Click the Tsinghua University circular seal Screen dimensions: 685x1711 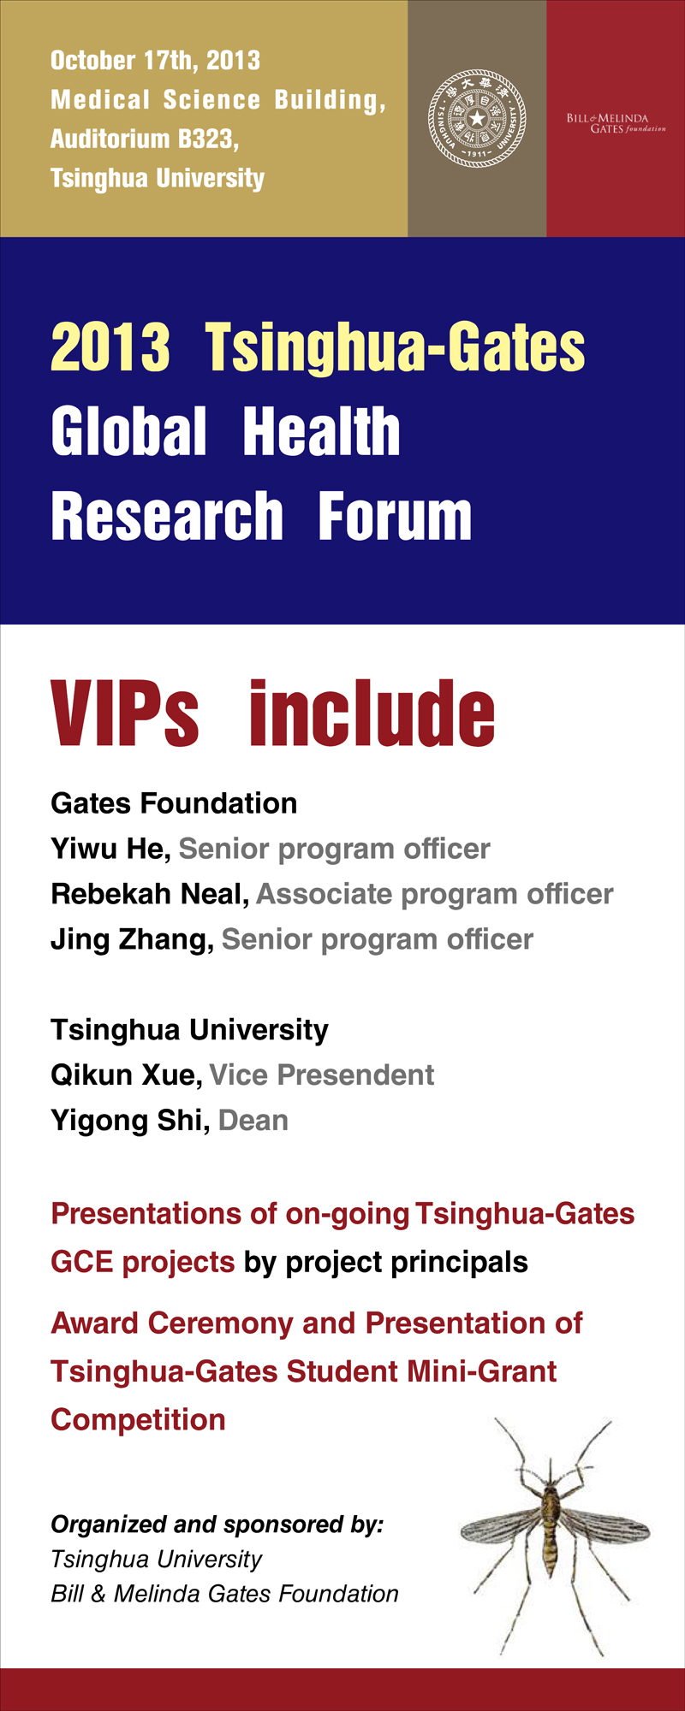[x=477, y=118]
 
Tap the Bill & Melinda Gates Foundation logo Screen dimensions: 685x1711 [x=616, y=123]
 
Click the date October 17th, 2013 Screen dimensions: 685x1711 [x=155, y=61]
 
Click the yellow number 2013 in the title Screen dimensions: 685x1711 [x=110, y=347]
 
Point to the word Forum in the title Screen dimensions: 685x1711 [x=395, y=517]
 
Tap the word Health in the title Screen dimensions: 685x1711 [x=321, y=431]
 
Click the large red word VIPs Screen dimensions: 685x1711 [x=125, y=713]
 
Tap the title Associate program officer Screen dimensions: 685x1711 [x=435, y=894]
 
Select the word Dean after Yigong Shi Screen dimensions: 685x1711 [x=253, y=1121]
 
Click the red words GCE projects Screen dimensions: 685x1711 [x=142, y=1262]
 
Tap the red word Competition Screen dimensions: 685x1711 [x=138, y=1420]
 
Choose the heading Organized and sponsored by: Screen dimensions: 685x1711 [x=217, y=1525]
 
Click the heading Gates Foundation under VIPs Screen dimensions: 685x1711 [x=174, y=803]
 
